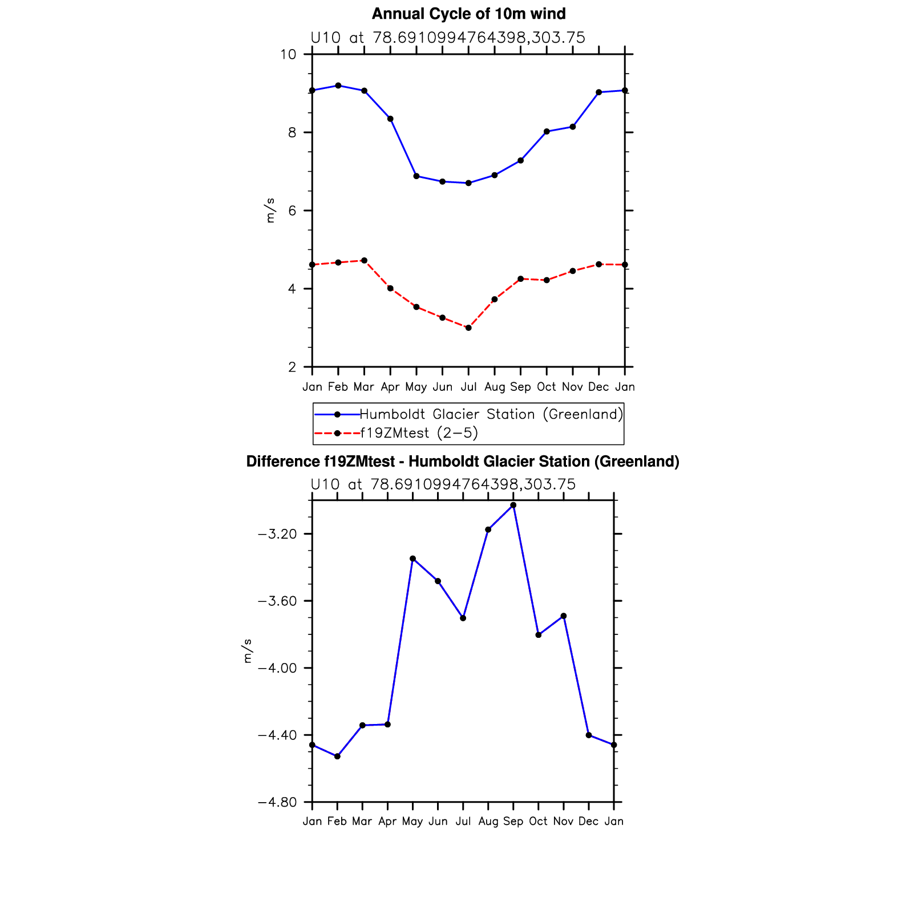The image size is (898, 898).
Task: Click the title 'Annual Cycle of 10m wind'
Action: pos(468,14)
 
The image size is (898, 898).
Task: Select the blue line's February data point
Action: pos(338,86)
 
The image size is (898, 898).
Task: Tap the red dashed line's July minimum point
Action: pos(468,328)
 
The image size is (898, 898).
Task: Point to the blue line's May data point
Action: pos(416,176)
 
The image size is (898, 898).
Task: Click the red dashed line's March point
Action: pos(364,261)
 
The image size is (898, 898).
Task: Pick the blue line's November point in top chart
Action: pos(573,127)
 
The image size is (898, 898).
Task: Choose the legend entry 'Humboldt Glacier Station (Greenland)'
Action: pos(491,414)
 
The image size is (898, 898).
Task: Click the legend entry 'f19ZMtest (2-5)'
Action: pos(419,433)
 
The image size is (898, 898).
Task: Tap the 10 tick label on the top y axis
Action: pos(288,55)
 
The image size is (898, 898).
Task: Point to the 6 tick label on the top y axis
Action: pos(292,211)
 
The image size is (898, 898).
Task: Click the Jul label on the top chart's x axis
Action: pos(468,387)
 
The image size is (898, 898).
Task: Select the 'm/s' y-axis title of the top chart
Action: pos(270,211)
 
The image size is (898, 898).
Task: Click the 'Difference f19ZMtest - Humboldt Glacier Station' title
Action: pos(463,462)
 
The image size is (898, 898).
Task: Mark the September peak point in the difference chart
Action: pos(513,505)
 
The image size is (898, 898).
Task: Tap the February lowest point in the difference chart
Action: pos(337,757)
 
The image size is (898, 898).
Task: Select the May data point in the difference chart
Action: pos(412,559)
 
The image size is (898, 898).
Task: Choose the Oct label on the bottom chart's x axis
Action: pos(538,821)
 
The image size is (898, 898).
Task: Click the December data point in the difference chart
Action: pos(589,735)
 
